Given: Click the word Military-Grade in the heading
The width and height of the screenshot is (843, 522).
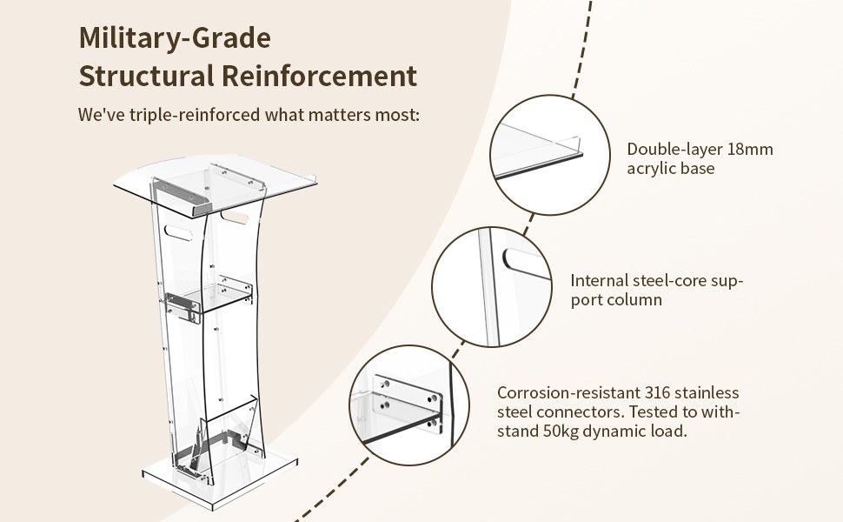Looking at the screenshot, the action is click(x=175, y=37).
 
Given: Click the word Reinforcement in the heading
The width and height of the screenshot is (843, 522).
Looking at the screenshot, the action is click(x=319, y=76).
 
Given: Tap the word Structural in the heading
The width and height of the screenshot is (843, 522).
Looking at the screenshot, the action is click(x=146, y=76).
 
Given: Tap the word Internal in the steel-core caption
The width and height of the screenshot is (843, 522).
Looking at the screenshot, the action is click(x=599, y=280).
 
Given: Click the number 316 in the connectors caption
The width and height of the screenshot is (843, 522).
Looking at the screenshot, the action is click(x=658, y=392).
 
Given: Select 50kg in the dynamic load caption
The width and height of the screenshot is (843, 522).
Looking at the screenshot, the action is click(x=558, y=431).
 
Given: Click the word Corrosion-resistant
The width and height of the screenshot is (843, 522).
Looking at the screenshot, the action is click(x=568, y=392).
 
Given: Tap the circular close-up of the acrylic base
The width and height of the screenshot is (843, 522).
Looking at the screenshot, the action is click(x=549, y=155).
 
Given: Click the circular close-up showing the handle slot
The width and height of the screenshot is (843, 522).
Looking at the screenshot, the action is click(x=492, y=286).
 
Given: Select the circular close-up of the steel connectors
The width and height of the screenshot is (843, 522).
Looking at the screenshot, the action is click(x=409, y=405).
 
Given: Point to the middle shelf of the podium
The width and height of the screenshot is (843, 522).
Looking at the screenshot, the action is click(x=209, y=297).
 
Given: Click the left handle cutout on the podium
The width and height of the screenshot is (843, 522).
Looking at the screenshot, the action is click(x=178, y=233).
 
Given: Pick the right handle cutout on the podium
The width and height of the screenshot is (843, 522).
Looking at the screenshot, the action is click(x=234, y=217).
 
